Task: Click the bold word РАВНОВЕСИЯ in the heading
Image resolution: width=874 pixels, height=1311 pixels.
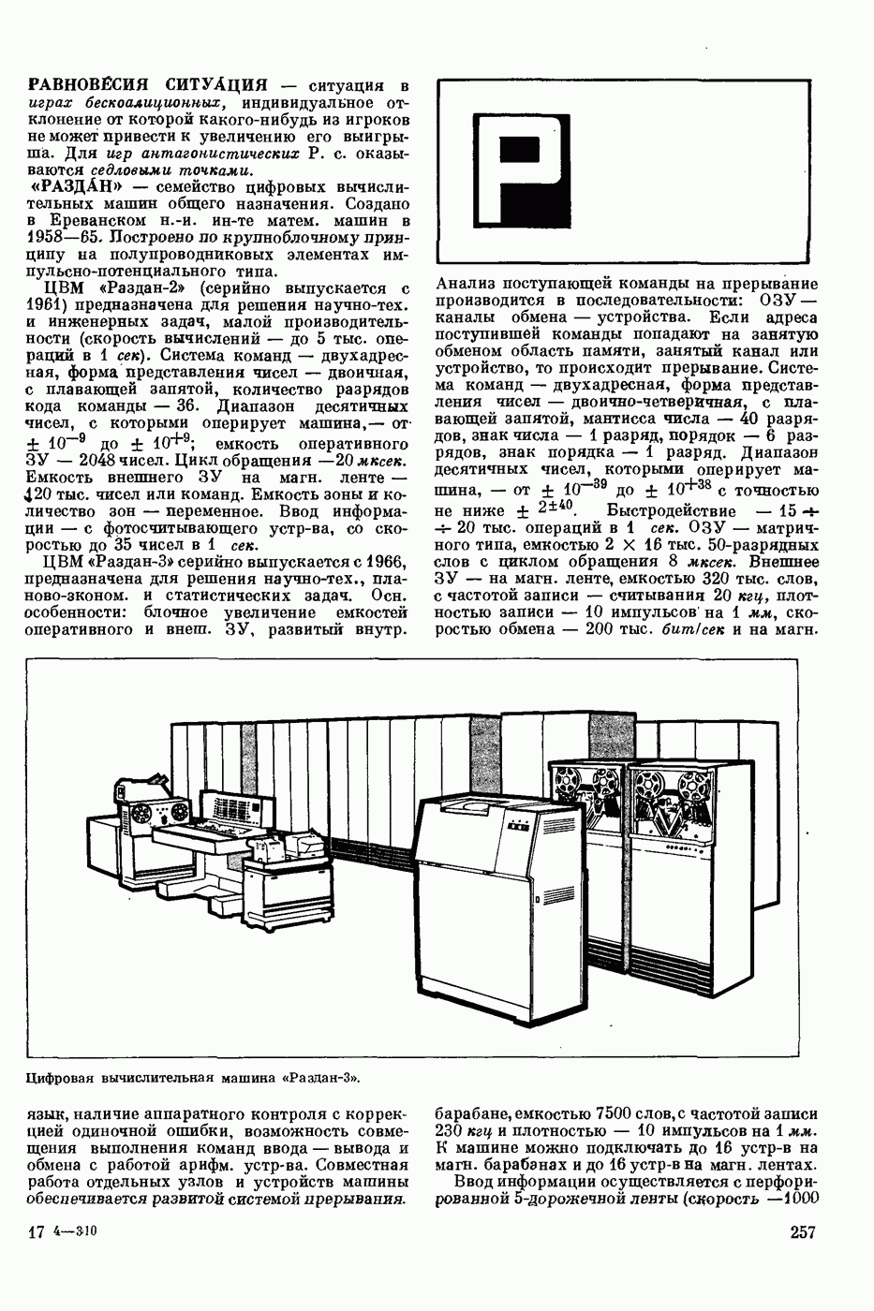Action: [x=83, y=84]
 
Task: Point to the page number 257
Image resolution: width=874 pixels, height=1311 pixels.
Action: [x=804, y=1231]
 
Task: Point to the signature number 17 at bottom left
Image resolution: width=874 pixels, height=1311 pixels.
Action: [x=37, y=1232]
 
